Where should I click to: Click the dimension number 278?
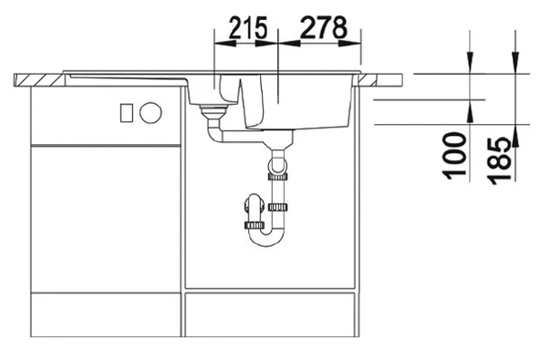click(x=320, y=27)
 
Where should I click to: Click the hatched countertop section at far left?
click(x=39, y=77)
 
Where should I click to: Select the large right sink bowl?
click(x=301, y=100)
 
